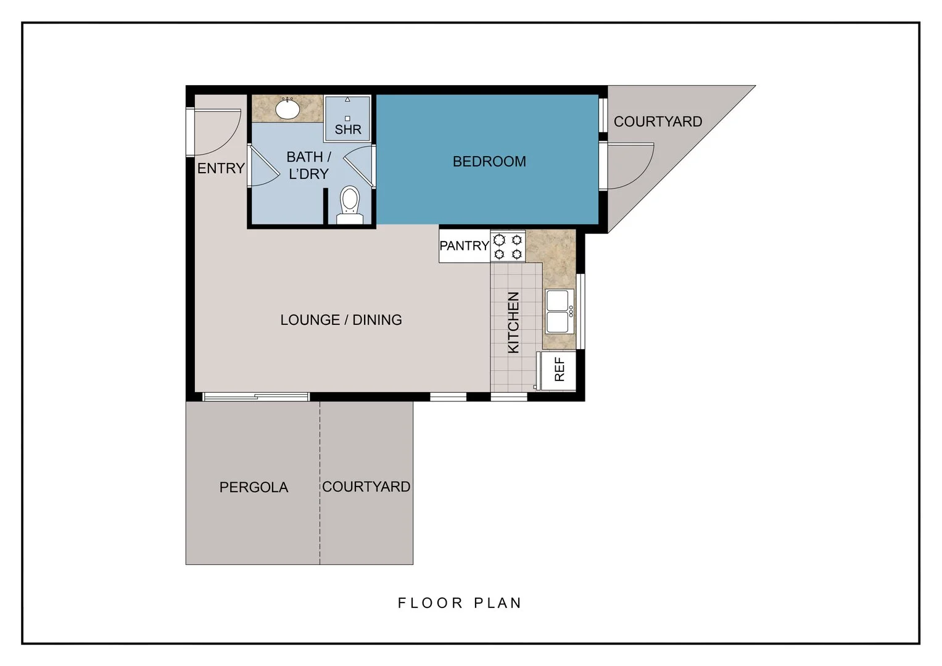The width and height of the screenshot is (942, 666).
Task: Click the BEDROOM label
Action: tap(489, 162)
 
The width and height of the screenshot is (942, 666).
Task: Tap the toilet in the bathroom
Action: tap(350, 205)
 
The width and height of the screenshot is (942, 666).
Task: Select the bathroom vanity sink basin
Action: tap(287, 109)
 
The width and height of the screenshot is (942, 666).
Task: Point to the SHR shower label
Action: tap(348, 129)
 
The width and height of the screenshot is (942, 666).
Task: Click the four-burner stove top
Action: tap(508, 247)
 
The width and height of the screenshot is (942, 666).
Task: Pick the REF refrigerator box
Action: tap(558, 370)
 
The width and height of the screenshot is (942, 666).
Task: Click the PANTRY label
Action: tap(465, 245)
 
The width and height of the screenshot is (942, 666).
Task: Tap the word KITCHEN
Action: tap(513, 323)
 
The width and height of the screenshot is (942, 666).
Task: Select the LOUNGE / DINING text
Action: tap(341, 320)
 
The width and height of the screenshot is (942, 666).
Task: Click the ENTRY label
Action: tap(221, 168)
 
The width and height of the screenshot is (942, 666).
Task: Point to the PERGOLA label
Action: tap(254, 487)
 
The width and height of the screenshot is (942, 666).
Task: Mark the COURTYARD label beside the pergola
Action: tap(366, 487)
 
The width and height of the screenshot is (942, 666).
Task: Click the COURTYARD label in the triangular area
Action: tap(658, 121)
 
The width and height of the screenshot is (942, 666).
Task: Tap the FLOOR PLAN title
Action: tap(460, 603)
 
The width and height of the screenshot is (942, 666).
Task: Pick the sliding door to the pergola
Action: tap(256, 397)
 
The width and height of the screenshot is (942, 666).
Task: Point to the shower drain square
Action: tap(347, 118)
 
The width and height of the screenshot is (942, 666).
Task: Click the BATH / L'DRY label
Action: tap(308, 165)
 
